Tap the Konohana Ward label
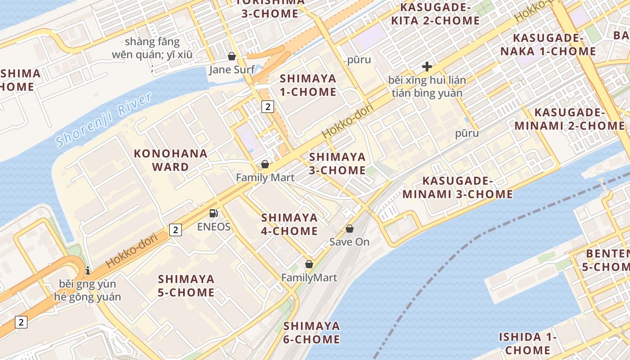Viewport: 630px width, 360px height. tap(171, 160)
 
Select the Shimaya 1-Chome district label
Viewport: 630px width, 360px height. tap(308, 85)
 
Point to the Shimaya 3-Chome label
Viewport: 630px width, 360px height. tap(337, 163)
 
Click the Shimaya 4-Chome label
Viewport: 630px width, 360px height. tap(289, 224)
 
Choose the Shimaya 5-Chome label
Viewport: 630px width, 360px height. tap(186, 286)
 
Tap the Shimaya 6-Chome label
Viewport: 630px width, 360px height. tap(311, 332)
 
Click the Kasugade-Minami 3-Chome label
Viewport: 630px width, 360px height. tap(458, 188)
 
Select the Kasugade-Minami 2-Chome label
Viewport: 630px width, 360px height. tap(570, 119)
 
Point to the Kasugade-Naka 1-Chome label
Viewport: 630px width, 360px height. tap(548, 45)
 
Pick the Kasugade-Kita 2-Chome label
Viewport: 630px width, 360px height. tap(435, 14)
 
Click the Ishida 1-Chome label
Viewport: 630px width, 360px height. tap(527, 343)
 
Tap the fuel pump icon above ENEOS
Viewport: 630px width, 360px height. tap(214, 213)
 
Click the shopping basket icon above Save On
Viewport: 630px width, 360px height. tap(349, 229)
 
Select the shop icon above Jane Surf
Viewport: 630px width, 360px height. tap(232, 56)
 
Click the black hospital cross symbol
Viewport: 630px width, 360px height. tap(427, 67)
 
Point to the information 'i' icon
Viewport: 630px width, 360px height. tap(87, 270)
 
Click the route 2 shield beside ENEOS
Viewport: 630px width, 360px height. tap(175, 230)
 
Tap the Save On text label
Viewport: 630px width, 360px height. tap(349, 242)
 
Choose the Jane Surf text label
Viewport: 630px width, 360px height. tap(232, 70)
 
